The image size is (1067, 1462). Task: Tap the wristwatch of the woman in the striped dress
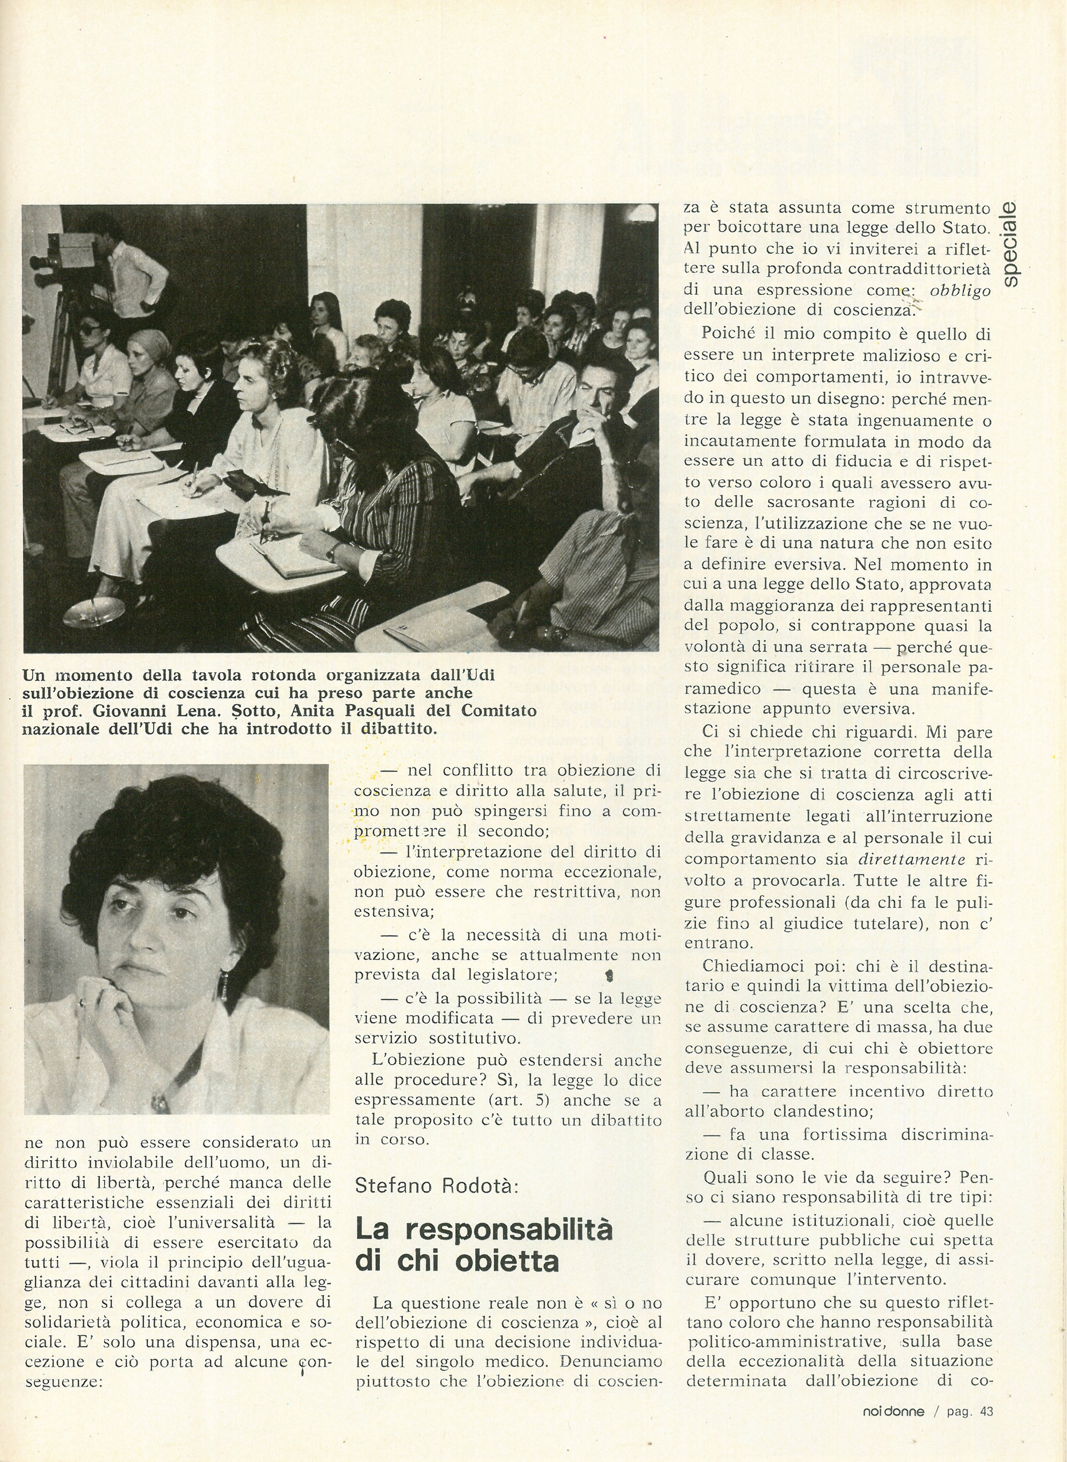(332, 550)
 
